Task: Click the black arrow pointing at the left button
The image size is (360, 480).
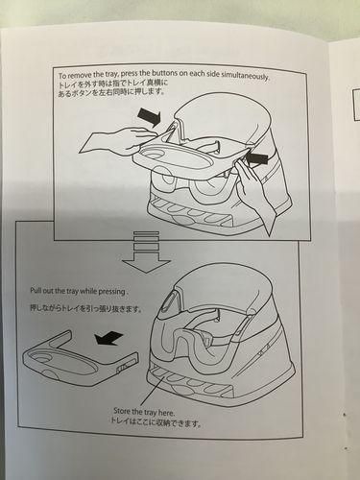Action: (x=150, y=117)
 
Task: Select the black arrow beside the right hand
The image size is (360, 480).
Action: (x=257, y=158)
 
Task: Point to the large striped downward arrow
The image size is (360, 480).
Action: (x=146, y=252)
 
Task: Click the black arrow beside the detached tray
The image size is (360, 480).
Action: (x=109, y=338)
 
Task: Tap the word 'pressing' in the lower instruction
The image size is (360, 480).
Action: (x=112, y=292)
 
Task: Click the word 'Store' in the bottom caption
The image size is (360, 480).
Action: (x=121, y=411)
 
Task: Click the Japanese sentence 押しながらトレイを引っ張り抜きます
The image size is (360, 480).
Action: (x=86, y=309)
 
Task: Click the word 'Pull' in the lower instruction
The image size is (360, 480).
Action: (x=35, y=291)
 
